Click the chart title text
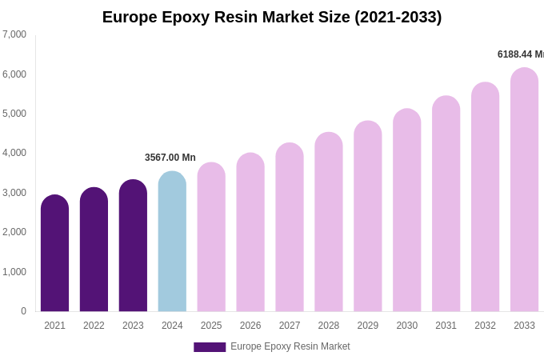click(x=272, y=17)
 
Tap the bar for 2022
click(x=94, y=250)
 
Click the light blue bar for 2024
click(x=172, y=242)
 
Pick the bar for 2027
click(x=290, y=227)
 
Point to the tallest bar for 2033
click(x=524, y=190)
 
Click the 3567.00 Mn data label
click(x=170, y=158)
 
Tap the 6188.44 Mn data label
click(x=520, y=54)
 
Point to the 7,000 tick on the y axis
click(x=14, y=34)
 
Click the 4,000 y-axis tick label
click(x=14, y=153)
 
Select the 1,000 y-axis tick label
click(x=14, y=272)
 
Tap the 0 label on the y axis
click(x=23, y=311)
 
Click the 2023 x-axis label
click(x=133, y=326)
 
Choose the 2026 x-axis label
click(x=250, y=326)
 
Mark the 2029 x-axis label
click(x=368, y=326)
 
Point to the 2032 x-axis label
click(x=485, y=326)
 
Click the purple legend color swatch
click(x=210, y=347)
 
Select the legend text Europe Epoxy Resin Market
click(x=290, y=346)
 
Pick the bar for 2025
click(x=211, y=237)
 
